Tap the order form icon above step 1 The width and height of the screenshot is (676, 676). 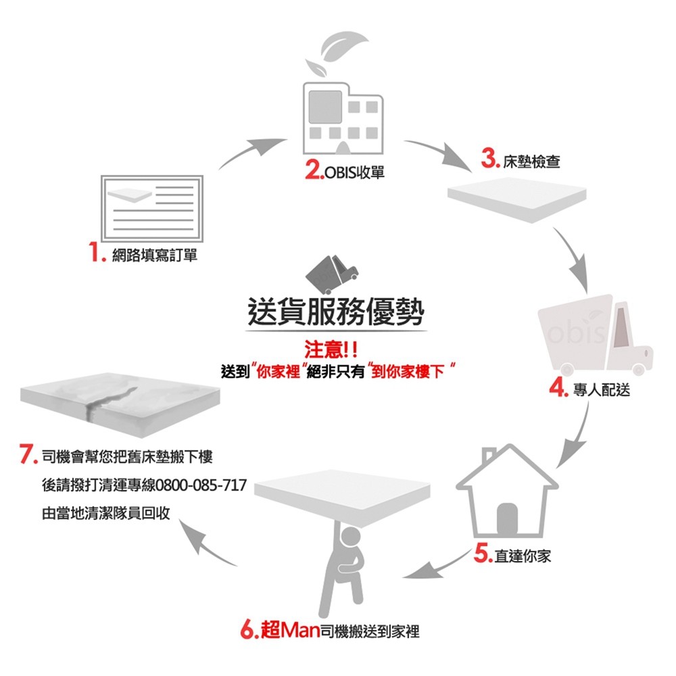(151, 208)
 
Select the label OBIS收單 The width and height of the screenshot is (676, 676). (354, 172)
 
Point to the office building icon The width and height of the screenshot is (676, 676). (343, 118)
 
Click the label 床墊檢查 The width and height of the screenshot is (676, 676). (531, 162)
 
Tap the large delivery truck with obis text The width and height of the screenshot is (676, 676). (595, 335)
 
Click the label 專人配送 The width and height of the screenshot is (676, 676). (602, 390)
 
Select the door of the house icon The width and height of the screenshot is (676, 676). (507, 519)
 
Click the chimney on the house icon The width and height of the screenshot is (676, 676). (489, 455)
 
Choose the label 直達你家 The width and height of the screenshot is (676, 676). (523, 556)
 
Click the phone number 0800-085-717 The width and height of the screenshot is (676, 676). (201, 485)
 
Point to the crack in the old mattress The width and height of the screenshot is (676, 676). (110, 401)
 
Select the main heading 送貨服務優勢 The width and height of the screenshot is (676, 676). (336, 311)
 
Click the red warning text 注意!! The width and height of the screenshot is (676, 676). (331, 349)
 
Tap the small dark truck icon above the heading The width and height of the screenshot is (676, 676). (331, 274)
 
